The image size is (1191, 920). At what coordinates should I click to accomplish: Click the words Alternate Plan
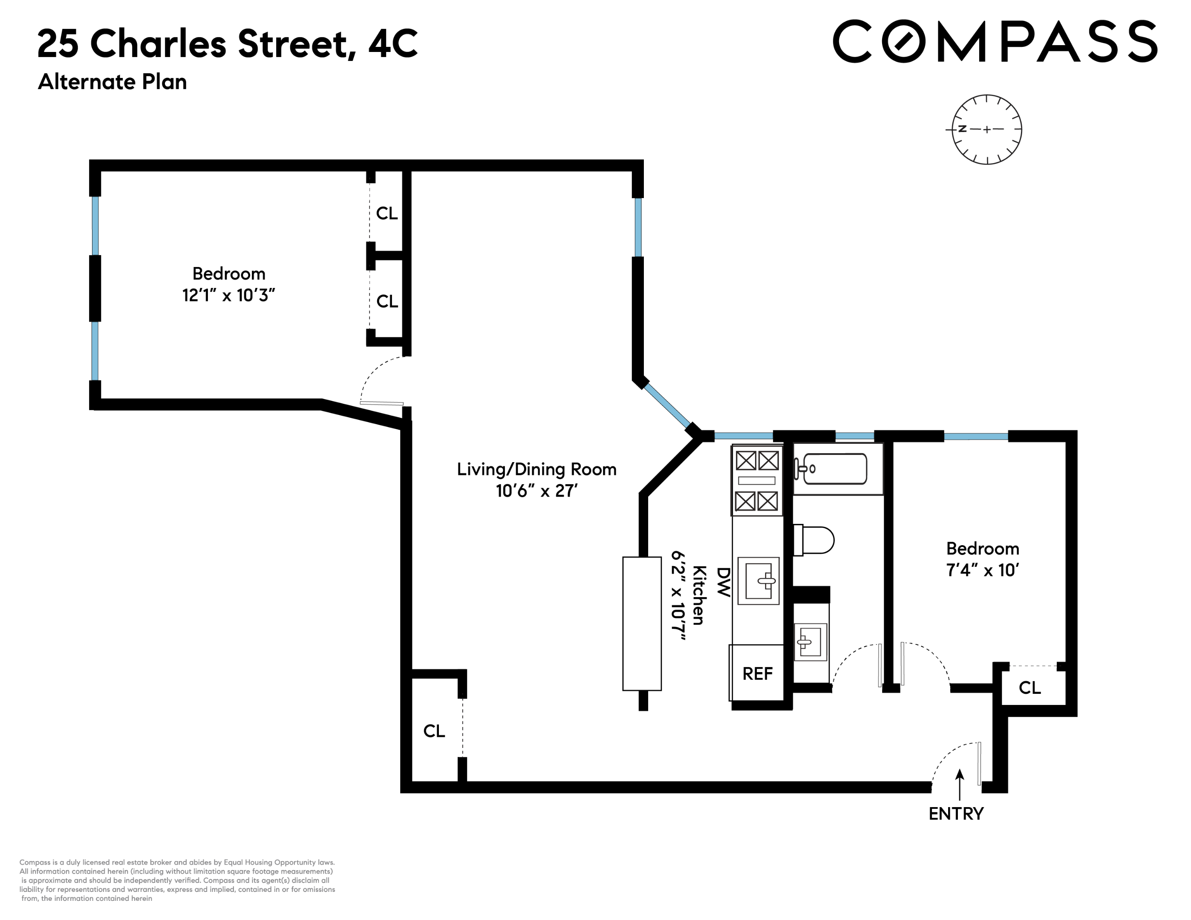pos(112,82)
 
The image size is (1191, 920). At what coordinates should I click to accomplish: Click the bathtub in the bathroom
pos(831,469)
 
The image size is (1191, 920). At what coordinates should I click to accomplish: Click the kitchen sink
pos(758,581)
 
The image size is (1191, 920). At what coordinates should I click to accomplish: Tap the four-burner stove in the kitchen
pos(757,480)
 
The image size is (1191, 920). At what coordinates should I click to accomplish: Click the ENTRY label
pos(955,814)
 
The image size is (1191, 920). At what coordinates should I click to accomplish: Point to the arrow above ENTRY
pos(960,784)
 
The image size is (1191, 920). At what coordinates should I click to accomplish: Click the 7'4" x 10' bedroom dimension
pos(982,570)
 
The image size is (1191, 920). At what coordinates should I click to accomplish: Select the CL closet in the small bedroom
pos(1030,688)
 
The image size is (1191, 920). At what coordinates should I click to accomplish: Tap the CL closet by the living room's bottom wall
pos(434,731)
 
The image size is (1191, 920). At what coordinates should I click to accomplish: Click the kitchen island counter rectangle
pos(642,624)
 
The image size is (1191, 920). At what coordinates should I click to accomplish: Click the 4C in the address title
pos(392,43)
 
